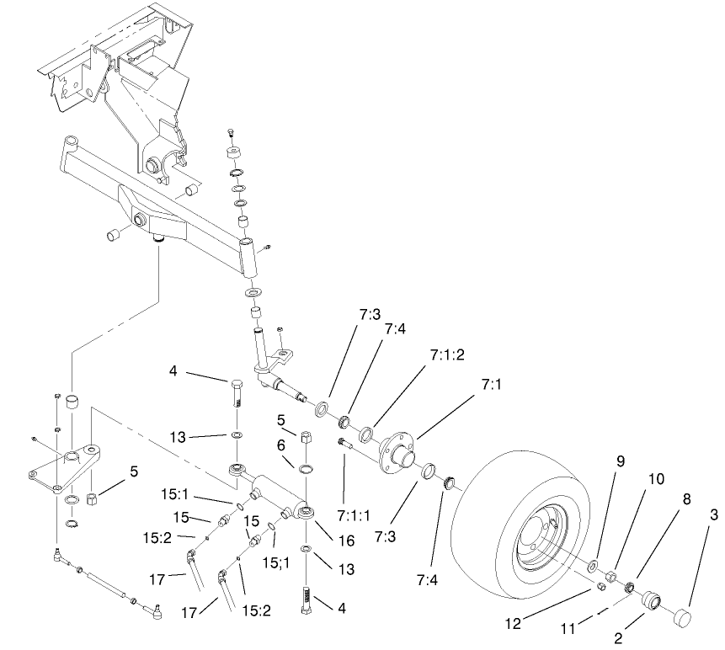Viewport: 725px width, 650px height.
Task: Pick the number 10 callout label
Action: coord(656,479)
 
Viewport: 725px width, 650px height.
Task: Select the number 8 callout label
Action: coord(688,498)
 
